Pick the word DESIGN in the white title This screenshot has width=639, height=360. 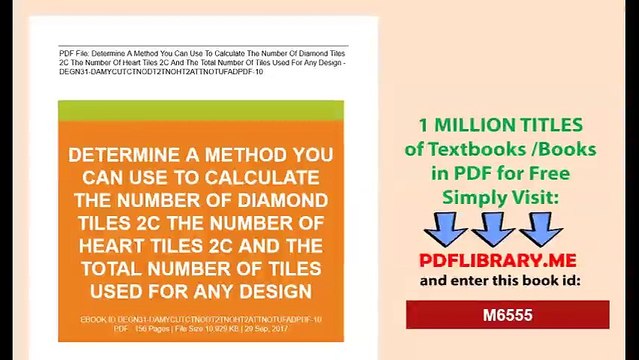click(x=273, y=291)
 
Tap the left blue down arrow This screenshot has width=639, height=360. click(x=445, y=229)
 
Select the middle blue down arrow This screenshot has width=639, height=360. click(x=493, y=229)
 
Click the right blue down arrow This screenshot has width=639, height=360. click(x=541, y=229)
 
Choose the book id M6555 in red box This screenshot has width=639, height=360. click(x=507, y=315)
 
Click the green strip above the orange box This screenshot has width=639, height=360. click(x=200, y=110)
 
